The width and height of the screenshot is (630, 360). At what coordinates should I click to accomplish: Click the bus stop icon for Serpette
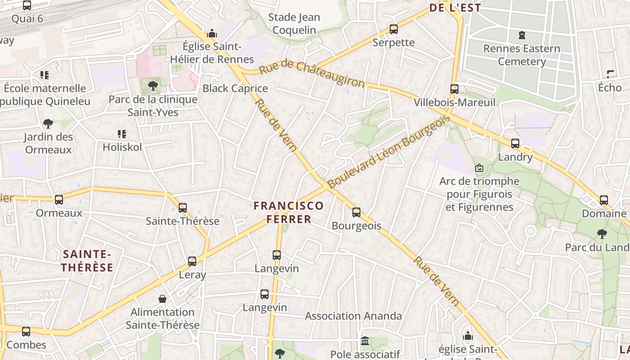coord(394,29)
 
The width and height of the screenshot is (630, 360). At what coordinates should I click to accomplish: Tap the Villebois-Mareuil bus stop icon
coord(454,89)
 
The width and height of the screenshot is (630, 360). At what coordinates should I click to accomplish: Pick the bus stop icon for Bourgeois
coord(356,212)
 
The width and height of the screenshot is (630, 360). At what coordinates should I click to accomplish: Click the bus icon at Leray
coord(192,261)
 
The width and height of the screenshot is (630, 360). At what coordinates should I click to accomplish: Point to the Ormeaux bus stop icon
coord(59,200)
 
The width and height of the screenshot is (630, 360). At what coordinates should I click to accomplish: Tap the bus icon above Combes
coord(26,332)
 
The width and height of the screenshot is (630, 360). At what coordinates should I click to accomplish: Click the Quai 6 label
coord(27,18)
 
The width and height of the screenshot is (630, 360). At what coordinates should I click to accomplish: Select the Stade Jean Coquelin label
coord(294,23)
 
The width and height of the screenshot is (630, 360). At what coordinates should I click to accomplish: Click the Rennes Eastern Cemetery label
coord(522,55)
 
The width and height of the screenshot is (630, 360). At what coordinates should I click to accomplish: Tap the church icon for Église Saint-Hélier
coord(212,34)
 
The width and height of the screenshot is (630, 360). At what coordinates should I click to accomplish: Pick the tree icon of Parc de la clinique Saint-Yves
coord(153,86)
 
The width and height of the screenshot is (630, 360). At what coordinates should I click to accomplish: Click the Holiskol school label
coord(122,147)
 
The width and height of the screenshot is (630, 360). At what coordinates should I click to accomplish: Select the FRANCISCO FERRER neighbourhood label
coord(288,212)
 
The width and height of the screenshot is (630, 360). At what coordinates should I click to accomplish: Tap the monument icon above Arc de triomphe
coord(479,168)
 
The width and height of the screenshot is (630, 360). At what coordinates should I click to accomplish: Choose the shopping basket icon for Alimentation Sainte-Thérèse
coord(162,299)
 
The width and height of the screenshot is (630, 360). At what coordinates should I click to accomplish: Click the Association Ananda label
coord(353,316)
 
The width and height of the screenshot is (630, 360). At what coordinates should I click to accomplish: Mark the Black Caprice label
coord(235,88)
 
